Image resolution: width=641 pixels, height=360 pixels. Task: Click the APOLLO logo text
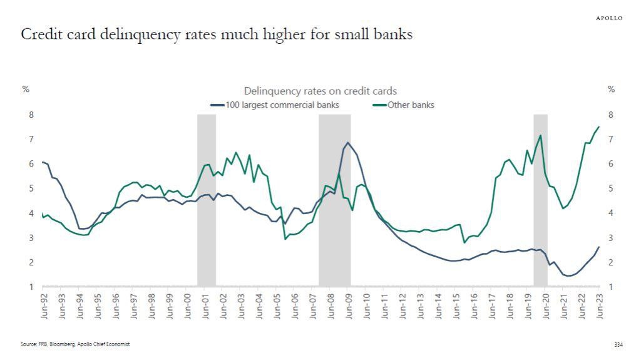[x=608, y=18]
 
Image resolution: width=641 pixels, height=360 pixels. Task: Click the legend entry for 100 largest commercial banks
[x=275, y=105]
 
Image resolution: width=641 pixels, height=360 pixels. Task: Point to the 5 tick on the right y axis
[x=610, y=188]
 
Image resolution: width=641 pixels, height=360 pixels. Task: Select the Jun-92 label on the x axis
[x=43, y=306]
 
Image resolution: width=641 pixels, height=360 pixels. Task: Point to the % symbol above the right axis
[x=612, y=90]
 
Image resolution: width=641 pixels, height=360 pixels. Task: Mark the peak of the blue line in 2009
[x=348, y=143]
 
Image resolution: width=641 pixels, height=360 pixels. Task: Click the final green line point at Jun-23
[x=599, y=127]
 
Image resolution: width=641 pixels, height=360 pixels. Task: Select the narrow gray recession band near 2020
[x=540, y=200]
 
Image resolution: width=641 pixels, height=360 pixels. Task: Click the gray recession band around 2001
[x=207, y=200]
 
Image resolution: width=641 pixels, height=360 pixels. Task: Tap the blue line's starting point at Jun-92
[x=43, y=162]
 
